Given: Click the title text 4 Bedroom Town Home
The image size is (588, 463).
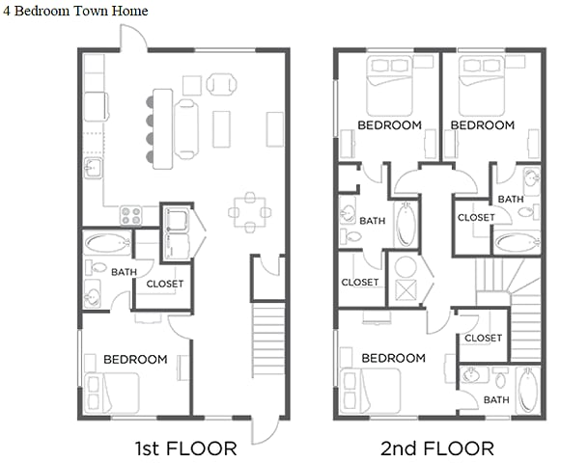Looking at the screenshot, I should tap(76, 11).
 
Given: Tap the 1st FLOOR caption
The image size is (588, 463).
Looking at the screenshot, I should tap(184, 448).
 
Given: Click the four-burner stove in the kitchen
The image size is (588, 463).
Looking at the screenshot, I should tap(131, 214).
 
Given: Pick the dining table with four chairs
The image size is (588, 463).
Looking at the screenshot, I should tap(249, 212).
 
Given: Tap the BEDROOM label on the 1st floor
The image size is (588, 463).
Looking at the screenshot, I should tap(135, 359).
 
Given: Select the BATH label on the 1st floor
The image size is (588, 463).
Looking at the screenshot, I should tap(124, 272).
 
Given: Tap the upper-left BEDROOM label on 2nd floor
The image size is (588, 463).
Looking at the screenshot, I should tap(389, 125).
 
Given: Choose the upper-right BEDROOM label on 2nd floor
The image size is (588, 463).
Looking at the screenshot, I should tap(482, 125).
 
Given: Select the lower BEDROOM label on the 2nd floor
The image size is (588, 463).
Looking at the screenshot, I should tap(393, 358).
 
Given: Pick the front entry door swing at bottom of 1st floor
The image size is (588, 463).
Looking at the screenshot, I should tap(263, 430).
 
